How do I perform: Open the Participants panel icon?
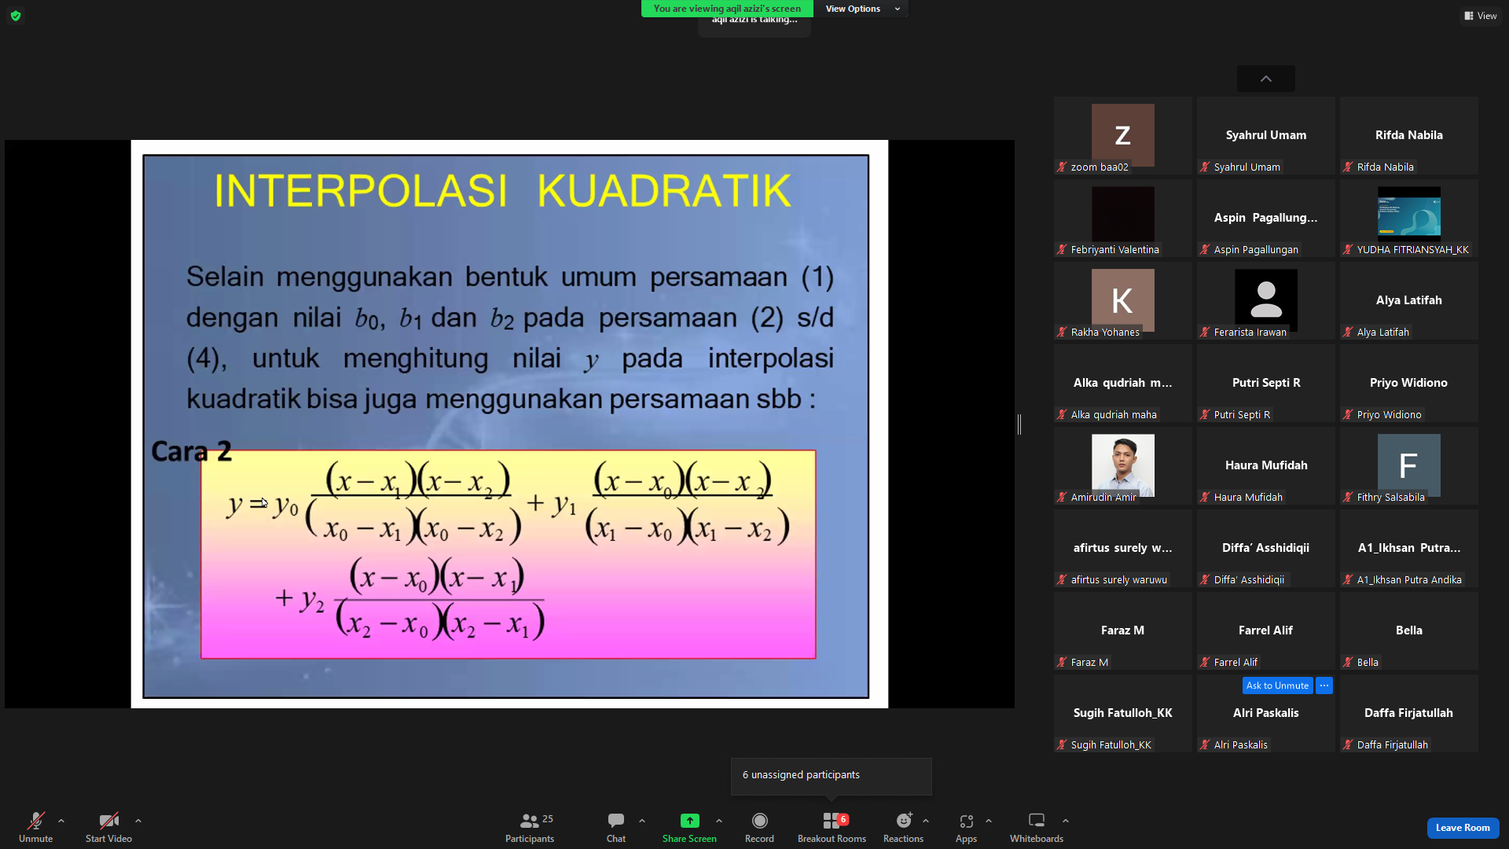coord(530,821)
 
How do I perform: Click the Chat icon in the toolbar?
coord(616,821)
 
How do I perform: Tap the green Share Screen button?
coord(689,821)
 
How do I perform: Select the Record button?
coord(759,821)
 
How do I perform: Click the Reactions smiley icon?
coord(904,821)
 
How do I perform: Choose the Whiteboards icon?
coord(1037,821)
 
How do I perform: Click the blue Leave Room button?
coord(1463,828)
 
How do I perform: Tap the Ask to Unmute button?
coord(1277,685)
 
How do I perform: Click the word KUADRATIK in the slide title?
coord(664,191)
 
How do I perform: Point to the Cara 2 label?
coord(191,451)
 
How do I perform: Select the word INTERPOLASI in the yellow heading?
coord(361,191)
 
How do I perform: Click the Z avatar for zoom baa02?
coord(1122,135)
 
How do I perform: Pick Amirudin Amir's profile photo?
coord(1122,465)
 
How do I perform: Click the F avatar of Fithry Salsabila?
coord(1408,465)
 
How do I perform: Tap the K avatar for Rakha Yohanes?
coord(1122,300)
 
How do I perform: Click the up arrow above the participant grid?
coord(1265,79)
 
